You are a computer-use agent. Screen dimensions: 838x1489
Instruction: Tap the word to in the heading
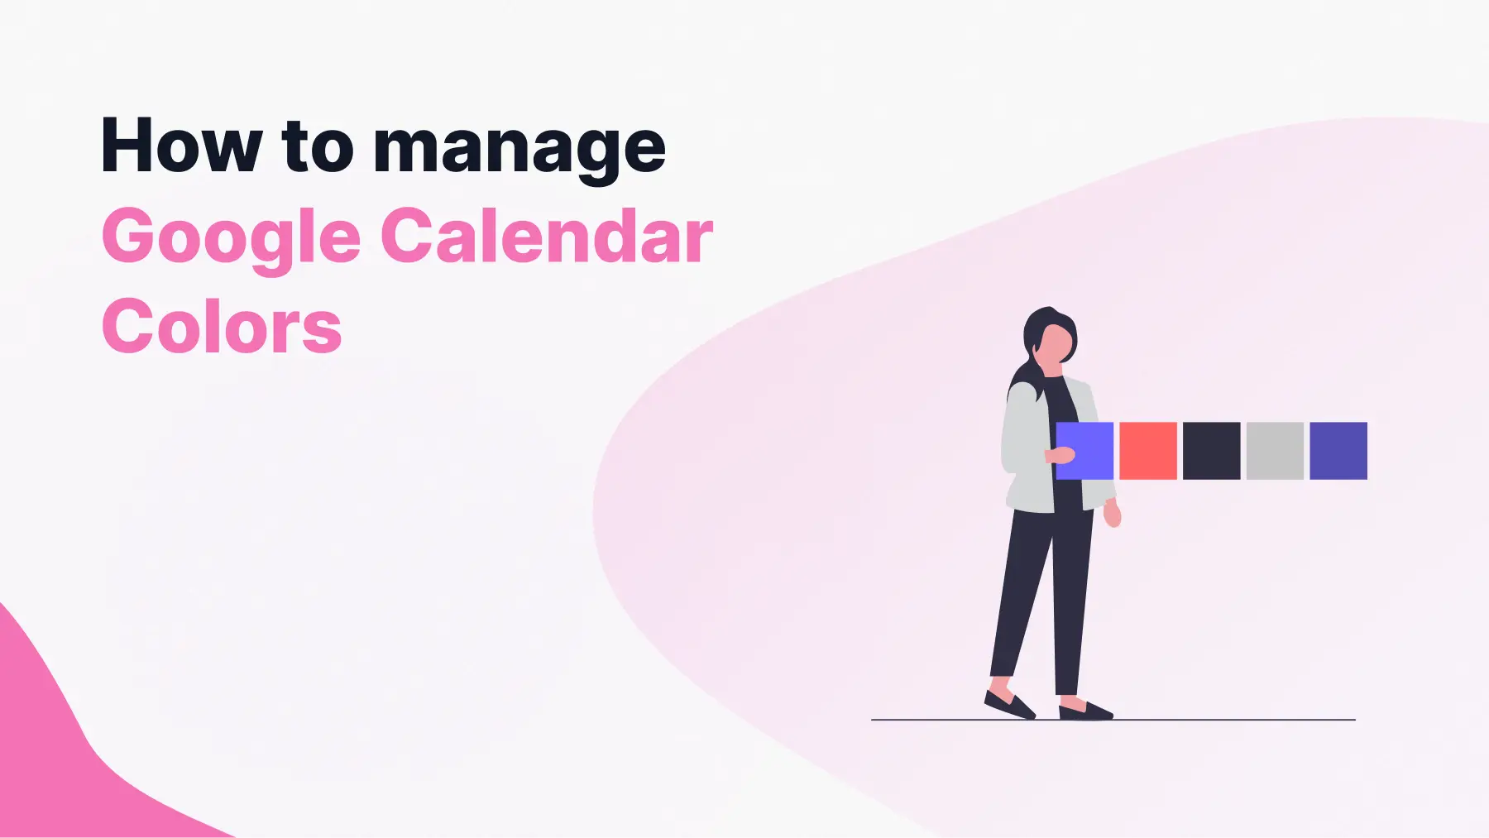pyautogui.click(x=318, y=146)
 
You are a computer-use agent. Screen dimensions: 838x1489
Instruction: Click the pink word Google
pyautogui.click(x=232, y=238)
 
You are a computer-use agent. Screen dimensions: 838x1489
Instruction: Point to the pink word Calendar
pyautogui.click(x=547, y=237)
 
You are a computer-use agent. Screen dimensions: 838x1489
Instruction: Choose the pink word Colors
pyautogui.click(x=222, y=328)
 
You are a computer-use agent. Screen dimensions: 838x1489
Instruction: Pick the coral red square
pyautogui.click(x=1148, y=451)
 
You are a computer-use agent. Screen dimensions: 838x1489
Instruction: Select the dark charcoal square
pyautogui.click(x=1212, y=451)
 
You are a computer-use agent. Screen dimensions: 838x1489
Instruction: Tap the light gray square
pyautogui.click(x=1275, y=451)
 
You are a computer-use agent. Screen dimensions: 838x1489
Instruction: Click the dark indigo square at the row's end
pyautogui.click(x=1338, y=451)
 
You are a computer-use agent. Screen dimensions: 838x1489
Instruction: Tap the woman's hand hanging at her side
pyautogui.click(x=1113, y=515)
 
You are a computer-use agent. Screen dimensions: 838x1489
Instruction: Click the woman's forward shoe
pyautogui.click(x=1085, y=710)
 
